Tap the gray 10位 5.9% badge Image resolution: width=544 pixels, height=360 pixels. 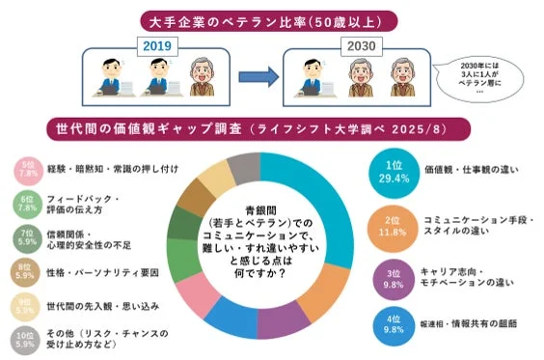[x=26, y=339]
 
